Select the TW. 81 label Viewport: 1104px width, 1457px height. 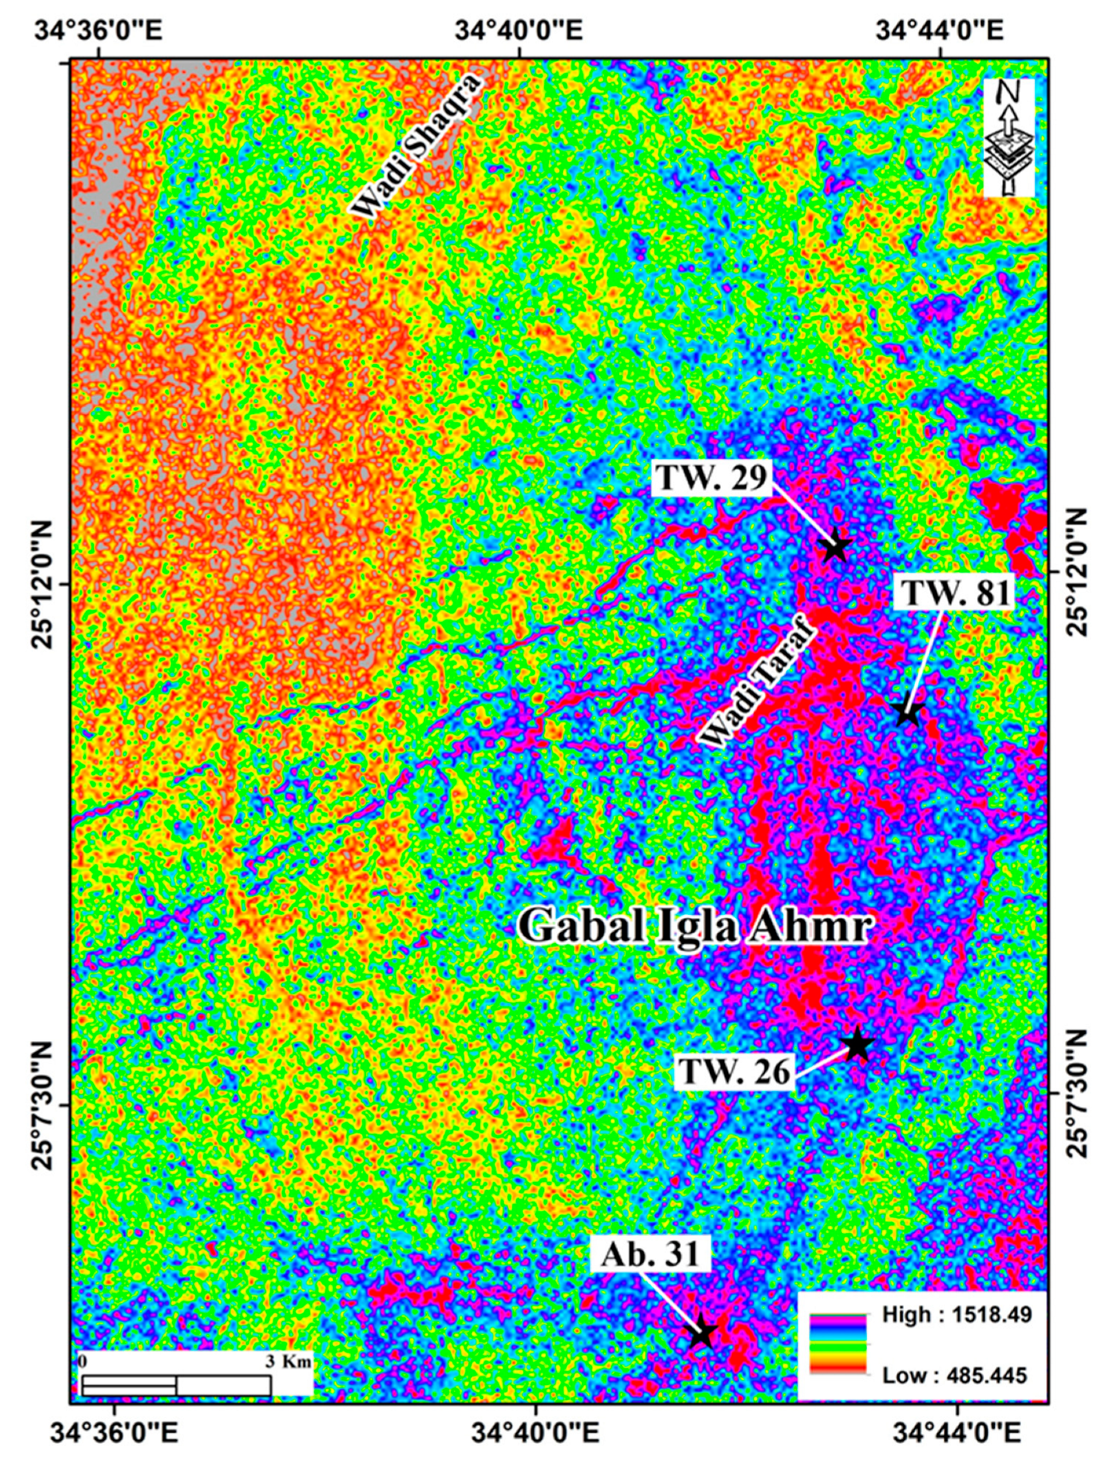pyautogui.click(x=955, y=593)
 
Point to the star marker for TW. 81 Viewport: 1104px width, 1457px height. pyautogui.click(x=908, y=714)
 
